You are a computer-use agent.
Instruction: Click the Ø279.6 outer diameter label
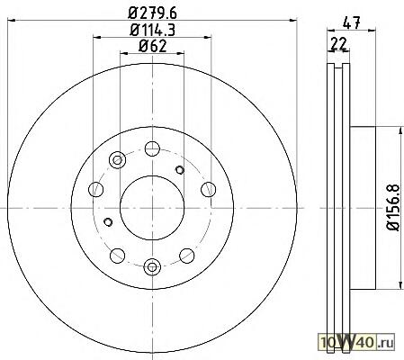(152, 13)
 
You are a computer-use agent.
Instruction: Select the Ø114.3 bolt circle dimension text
(152, 30)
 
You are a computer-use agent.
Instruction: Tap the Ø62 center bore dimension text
(152, 46)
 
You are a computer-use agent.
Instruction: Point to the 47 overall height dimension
(351, 22)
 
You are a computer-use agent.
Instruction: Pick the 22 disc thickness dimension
(338, 44)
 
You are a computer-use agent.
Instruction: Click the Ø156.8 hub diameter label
(393, 207)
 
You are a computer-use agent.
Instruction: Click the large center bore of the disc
(152, 208)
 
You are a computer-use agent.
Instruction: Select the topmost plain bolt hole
(152, 148)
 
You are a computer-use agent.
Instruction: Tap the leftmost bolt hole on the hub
(96, 189)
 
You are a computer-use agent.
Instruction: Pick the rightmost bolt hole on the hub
(208, 189)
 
